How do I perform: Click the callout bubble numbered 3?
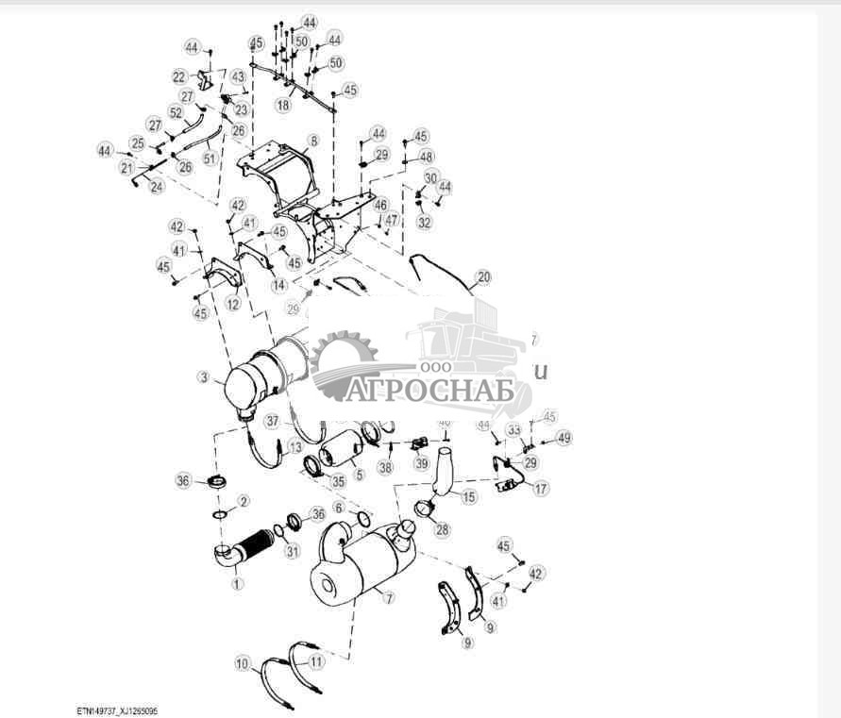tap(203, 377)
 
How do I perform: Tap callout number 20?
tap(483, 277)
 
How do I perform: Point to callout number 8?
tap(313, 141)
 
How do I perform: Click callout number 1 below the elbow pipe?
tap(237, 583)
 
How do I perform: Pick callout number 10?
tap(243, 664)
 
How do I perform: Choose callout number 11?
tap(316, 662)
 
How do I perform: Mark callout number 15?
tap(469, 496)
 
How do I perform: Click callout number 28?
tap(442, 529)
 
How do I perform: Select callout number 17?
tap(540, 489)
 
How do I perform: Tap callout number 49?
tap(564, 438)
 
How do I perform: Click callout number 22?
tap(179, 76)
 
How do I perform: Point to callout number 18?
tap(283, 106)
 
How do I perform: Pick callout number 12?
tap(232, 304)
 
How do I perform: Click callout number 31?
tap(293, 552)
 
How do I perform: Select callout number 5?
tap(358, 475)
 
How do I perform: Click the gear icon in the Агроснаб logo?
tap(345, 351)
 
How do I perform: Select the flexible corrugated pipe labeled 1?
tap(252, 544)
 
